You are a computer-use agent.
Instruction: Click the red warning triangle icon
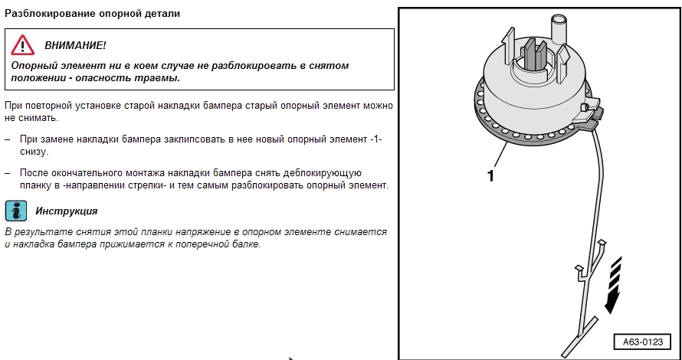click(x=23, y=45)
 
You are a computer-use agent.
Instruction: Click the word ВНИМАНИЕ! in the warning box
click(x=75, y=46)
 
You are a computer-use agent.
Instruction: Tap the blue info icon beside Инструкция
click(x=15, y=211)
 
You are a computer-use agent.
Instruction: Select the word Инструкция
click(x=67, y=211)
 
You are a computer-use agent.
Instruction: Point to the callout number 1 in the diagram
click(x=490, y=175)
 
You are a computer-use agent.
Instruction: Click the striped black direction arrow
click(x=612, y=285)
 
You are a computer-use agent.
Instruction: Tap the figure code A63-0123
click(x=643, y=342)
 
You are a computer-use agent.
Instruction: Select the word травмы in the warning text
click(x=160, y=79)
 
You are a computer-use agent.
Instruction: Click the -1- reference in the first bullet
click(x=375, y=140)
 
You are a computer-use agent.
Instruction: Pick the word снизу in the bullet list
click(x=33, y=152)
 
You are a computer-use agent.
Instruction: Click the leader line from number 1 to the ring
click(x=500, y=155)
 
